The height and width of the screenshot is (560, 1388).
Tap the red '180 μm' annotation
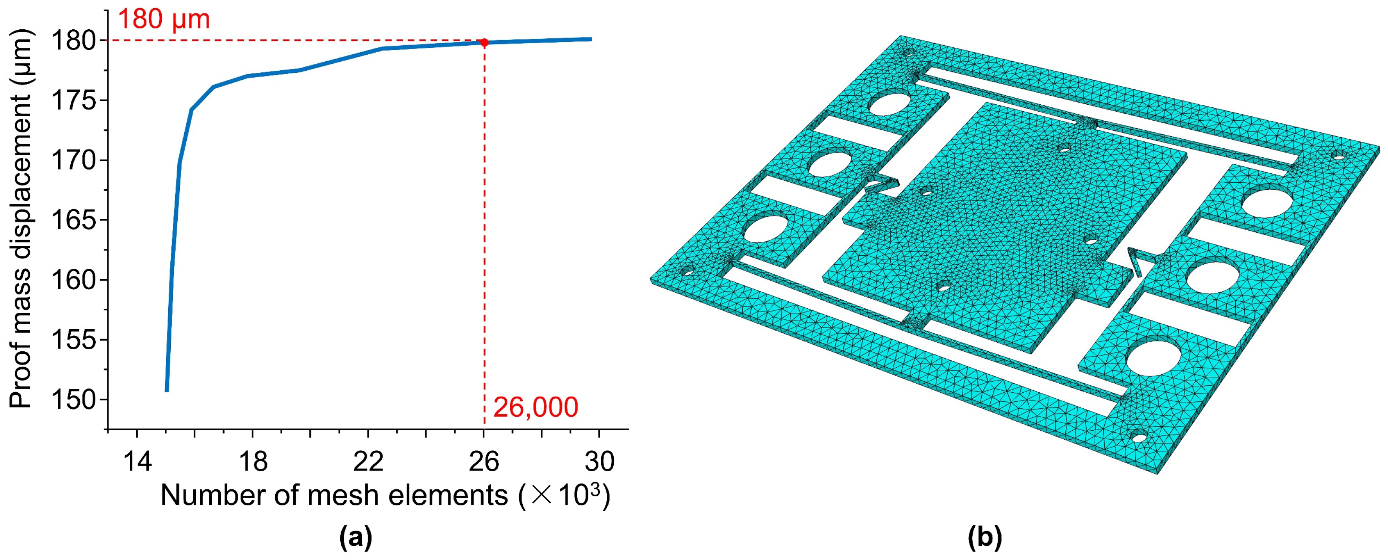pos(164,19)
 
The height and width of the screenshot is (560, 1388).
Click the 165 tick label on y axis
pos(73,220)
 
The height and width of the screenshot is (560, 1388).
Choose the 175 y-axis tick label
pos(73,100)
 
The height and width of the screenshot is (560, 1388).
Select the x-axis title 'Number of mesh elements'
pos(334,495)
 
